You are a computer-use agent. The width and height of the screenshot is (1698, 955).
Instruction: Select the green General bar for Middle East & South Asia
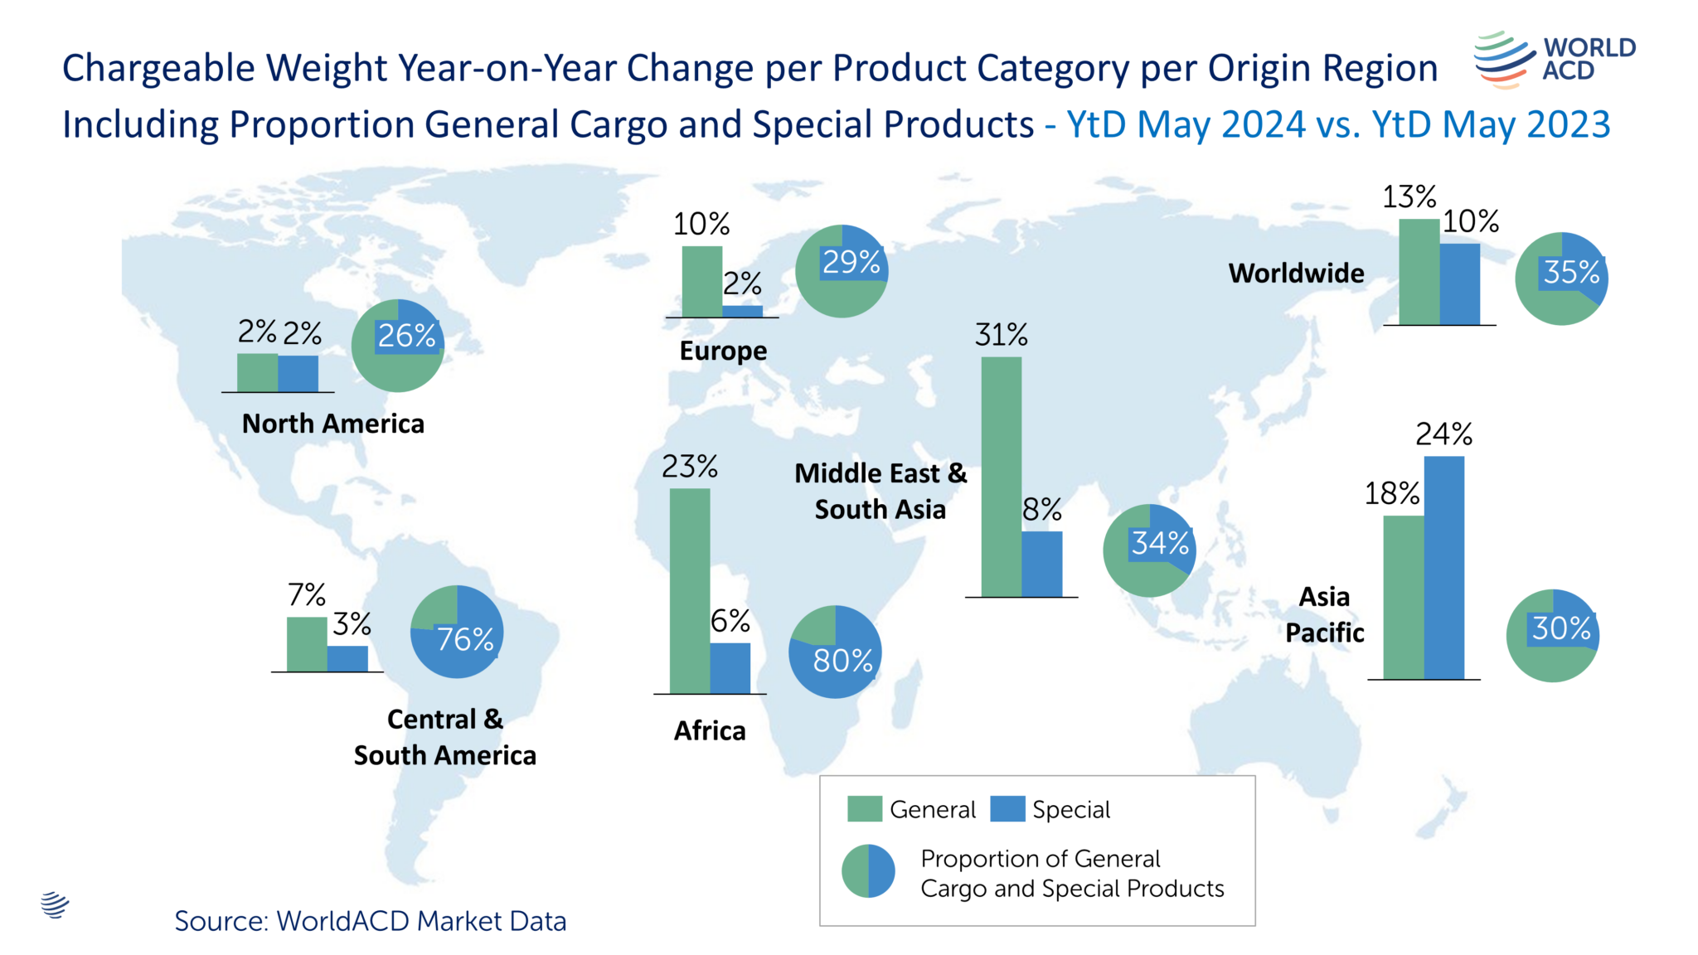tap(1001, 477)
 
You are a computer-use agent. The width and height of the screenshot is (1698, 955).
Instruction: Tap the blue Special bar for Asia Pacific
tap(1443, 568)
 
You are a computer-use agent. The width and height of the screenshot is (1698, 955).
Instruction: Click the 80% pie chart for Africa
tap(835, 652)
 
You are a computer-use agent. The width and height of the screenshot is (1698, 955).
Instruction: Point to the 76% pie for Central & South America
tap(457, 633)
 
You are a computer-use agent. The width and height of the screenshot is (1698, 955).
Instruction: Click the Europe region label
tap(723, 351)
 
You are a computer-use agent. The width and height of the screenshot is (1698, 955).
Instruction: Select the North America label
tap(332, 424)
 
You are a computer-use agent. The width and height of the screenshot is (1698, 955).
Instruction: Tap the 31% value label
tap(1001, 336)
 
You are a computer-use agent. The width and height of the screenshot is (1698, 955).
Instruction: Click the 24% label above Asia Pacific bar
tap(1443, 434)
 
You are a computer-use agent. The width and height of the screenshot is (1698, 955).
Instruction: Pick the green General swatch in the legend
tap(864, 809)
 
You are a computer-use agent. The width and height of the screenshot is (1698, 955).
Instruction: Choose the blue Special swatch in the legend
tap(1007, 809)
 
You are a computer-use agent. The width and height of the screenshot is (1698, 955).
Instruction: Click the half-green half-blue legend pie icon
tap(868, 871)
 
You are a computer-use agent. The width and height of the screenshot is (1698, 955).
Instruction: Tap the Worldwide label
tap(1296, 273)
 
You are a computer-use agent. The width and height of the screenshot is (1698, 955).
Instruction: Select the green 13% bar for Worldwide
tap(1419, 272)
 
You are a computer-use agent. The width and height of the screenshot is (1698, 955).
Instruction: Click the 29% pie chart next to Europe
tap(842, 271)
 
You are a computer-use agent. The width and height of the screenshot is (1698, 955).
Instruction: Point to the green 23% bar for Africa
tap(689, 591)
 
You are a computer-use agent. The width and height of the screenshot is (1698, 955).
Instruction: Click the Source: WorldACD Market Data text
tap(370, 921)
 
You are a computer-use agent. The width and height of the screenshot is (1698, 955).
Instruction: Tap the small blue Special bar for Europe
tap(742, 311)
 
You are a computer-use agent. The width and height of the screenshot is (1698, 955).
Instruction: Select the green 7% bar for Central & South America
tap(307, 644)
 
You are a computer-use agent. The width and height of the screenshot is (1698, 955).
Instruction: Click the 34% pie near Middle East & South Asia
tap(1149, 550)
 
